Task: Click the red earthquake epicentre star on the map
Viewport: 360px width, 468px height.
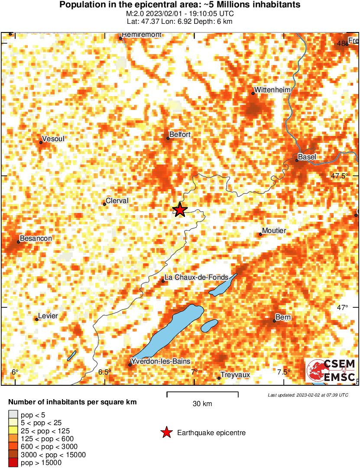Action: tap(180, 210)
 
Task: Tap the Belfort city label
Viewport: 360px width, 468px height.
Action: tap(180, 135)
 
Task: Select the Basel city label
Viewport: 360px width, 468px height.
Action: tap(307, 157)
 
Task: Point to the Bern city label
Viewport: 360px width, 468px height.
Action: tap(284, 317)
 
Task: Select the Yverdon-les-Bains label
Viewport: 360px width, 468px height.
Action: tap(161, 361)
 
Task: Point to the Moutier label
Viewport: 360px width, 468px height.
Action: tap(274, 231)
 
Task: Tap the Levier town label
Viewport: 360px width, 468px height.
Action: tap(48, 316)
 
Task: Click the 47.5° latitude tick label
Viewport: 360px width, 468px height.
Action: tap(339, 176)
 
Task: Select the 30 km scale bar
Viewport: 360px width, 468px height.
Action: tap(202, 394)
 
